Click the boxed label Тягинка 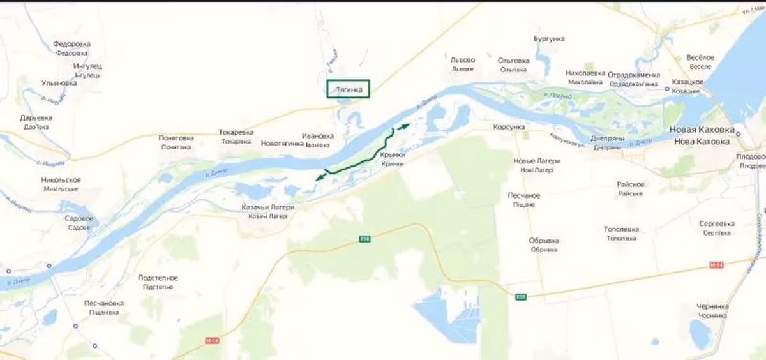349,90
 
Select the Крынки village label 393,155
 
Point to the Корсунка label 509,128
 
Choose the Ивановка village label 318,136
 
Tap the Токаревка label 236,133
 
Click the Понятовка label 176,138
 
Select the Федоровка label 71,44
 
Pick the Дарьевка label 36,118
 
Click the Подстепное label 158,278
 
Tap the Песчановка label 104,303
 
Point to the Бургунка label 549,39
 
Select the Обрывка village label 544,241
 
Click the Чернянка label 713,306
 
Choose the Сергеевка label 717,224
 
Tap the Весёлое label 700,57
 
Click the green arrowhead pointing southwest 319,177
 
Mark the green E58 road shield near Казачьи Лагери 364,238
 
